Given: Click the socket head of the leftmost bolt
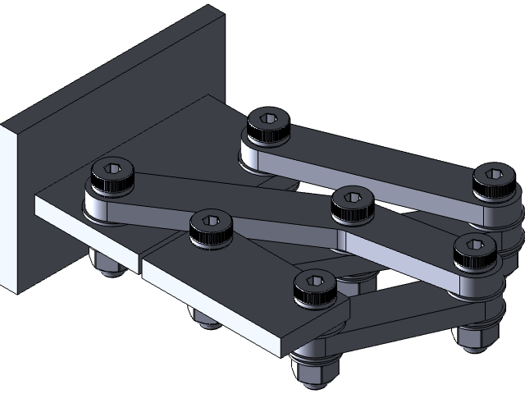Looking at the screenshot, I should (112, 176).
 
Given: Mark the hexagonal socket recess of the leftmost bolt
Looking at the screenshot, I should (112, 172).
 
